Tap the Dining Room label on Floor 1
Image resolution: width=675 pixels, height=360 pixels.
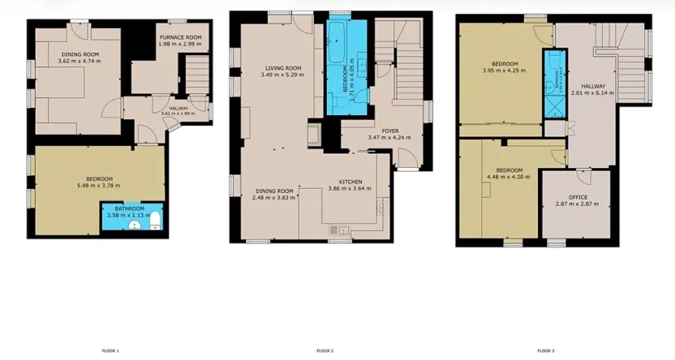click(80, 54)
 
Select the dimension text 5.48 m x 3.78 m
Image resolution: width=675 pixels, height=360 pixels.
click(99, 185)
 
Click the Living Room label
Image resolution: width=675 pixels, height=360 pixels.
click(283, 68)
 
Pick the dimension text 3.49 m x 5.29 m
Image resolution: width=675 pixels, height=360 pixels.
click(283, 75)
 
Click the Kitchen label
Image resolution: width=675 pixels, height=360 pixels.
click(350, 182)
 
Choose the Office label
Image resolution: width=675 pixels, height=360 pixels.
click(578, 197)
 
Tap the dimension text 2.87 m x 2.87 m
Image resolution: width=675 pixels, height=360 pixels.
click(578, 204)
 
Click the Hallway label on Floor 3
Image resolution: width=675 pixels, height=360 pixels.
click(593, 86)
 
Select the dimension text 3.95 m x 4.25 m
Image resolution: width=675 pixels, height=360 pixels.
click(504, 71)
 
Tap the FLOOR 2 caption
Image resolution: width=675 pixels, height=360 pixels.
click(325, 350)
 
